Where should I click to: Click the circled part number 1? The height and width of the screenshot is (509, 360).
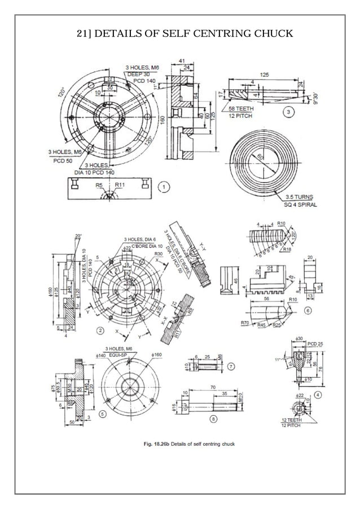[164, 186]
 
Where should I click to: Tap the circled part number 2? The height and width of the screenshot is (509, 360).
[100, 330]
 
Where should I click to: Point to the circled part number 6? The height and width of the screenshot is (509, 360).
[308, 310]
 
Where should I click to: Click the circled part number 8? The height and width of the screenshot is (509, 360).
[213, 418]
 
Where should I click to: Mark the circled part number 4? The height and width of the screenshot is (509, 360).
[318, 394]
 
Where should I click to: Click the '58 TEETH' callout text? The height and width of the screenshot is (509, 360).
[241, 108]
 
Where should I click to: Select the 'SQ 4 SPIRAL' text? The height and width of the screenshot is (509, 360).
[300, 205]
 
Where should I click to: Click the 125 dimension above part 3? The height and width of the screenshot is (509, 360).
[264, 74]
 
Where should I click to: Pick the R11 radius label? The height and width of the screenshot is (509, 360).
[120, 185]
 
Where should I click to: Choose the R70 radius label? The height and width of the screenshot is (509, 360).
[245, 322]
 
